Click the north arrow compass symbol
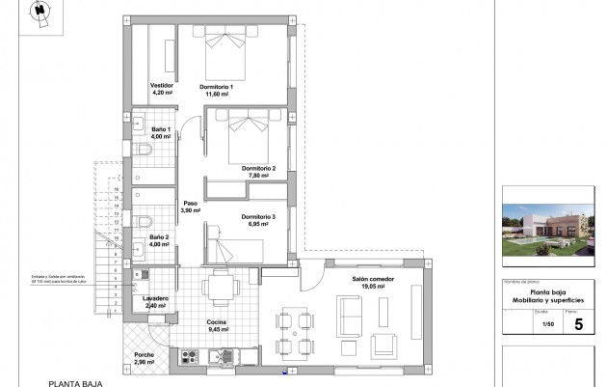click(x=40, y=11)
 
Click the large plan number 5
click(x=578, y=324)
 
